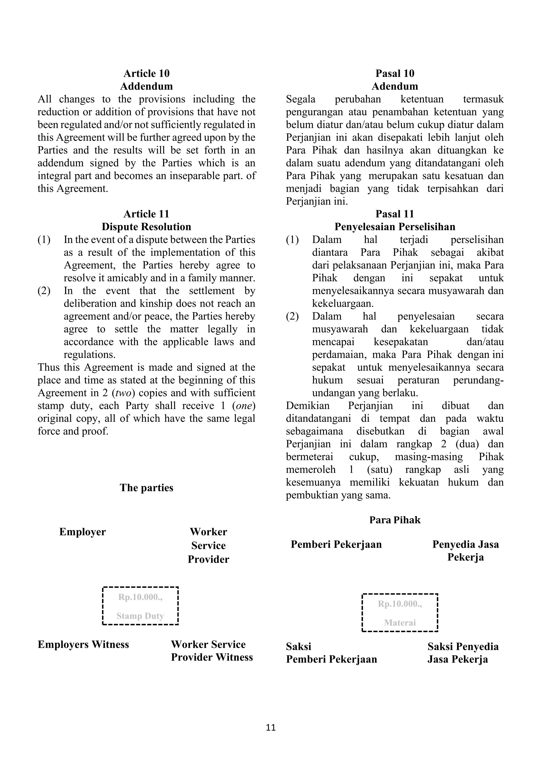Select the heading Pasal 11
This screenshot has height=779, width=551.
(x=395, y=214)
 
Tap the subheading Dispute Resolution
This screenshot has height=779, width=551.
(x=146, y=227)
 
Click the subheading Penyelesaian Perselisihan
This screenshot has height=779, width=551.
(x=395, y=227)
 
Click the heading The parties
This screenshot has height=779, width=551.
(x=146, y=488)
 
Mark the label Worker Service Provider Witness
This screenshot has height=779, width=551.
(x=212, y=651)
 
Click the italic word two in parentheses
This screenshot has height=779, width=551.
(x=123, y=393)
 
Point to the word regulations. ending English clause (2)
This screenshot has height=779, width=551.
(x=90, y=355)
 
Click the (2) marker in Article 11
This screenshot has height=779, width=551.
(x=44, y=291)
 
